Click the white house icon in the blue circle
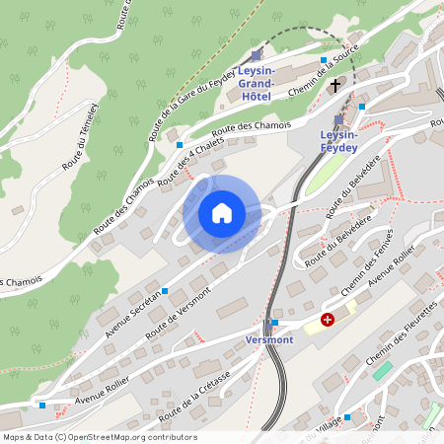click(x=222, y=213)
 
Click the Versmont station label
click(x=269, y=339)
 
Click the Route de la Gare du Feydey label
click(x=191, y=100)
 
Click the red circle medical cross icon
click(x=328, y=320)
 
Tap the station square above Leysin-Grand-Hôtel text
click(x=257, y=56)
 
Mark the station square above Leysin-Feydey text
click(x=338, y=119)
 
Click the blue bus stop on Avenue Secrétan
click(x=164, y=290)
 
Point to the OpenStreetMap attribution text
click(x=99, y=437)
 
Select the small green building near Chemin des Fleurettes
click(x=382, y=370)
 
